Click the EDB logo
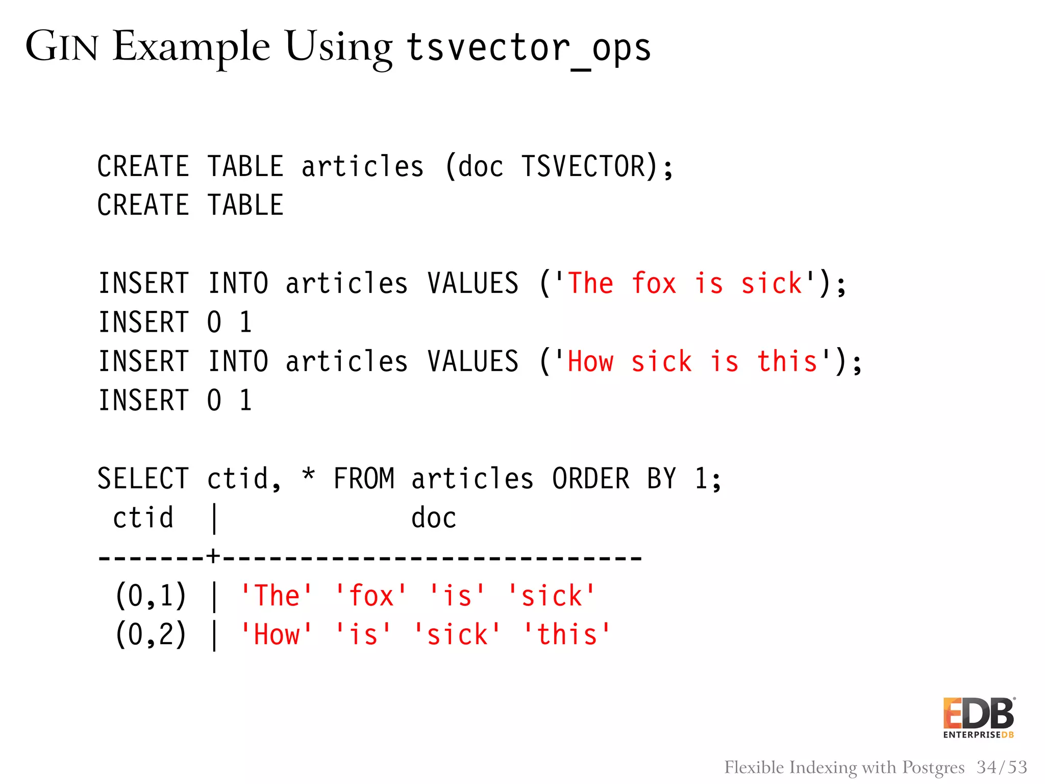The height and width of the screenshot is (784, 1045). tap(978, 718)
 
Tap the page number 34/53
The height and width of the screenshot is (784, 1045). tap(1002, 767)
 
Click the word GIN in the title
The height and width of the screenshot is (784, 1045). tap(62, 46)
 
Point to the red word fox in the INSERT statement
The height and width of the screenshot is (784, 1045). tap(654, 283)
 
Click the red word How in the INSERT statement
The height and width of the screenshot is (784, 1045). tap(590, 362)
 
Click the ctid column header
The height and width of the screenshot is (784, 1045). tap(143, 518)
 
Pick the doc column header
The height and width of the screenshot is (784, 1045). tap(434, 518)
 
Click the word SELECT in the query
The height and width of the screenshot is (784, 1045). tap(143, 479)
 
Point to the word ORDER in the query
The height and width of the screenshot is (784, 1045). tap(591, 479)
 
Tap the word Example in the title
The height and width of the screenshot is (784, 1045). tap(191, 47)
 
